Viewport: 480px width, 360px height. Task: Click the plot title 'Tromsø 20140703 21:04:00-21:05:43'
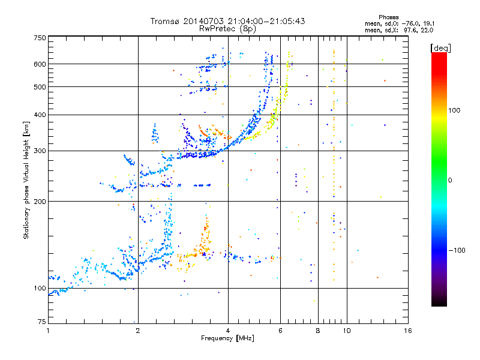(227, 21)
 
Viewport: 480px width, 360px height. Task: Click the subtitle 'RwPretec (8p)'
(227, 28)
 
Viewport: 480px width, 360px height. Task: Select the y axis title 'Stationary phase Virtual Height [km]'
(26, 180)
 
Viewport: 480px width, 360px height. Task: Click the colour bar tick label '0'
(452, 180)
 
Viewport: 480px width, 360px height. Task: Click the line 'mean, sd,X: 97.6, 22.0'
(399, 29)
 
